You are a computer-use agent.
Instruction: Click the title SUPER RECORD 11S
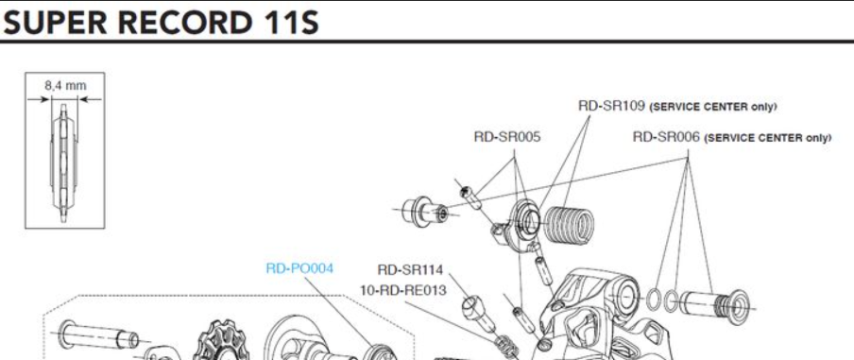[x=162, y=23]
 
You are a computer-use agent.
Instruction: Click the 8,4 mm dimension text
[x=65, y=85]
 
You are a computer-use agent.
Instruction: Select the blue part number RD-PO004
[x=299, y=268]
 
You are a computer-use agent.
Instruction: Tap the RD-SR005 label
[x=507, y=137]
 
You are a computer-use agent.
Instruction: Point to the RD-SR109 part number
[x=611, y=106]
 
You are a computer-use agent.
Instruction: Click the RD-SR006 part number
[x=666, y=137]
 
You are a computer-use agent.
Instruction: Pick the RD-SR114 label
[x=410, y=269]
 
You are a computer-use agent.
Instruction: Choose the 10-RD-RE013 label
[x=403, y=291]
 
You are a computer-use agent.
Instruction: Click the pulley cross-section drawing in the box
[x=64, y=163]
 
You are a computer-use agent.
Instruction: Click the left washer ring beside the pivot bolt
[x=654, y=299]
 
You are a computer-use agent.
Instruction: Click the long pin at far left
[x=98, y=334]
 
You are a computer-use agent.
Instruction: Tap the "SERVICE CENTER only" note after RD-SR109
[x=714, y=107]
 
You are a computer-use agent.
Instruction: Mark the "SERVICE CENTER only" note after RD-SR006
[x=768, y=138]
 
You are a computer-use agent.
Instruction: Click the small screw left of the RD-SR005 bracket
[x=469, y=197]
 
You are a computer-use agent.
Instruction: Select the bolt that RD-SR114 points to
[x=478, y=312]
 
